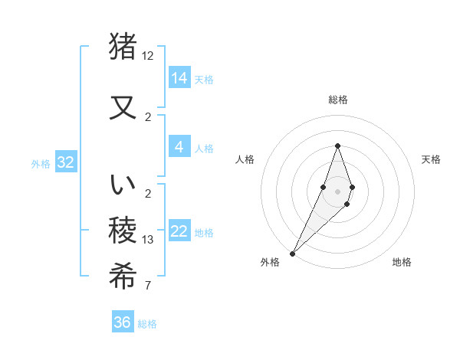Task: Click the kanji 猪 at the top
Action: point(123,47)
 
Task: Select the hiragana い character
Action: point(123,185)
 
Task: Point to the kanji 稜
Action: point(123,229)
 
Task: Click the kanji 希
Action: point(123,274)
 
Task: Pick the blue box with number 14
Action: point(179,77)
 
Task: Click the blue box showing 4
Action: point(179,147)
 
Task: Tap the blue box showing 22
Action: point(179,232)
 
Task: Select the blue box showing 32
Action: point(65,162)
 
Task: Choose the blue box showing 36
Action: point(123,322)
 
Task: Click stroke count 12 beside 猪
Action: point(148,56)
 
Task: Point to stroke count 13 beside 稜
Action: point(148,240)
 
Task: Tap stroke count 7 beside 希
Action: point(148,286)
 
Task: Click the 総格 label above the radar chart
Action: point(337,100)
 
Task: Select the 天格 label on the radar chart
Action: point(431,159)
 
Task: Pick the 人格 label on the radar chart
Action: point(245,159)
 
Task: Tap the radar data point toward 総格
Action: point(337,146)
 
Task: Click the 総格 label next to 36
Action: point(147,324)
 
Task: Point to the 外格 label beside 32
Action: point(41,163)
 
